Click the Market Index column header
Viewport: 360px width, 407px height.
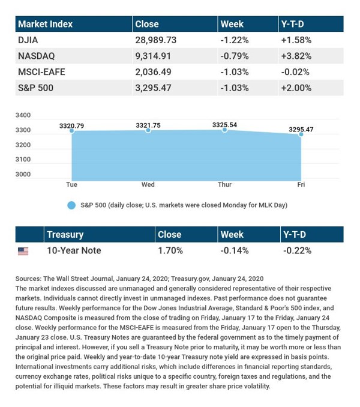[45, 24]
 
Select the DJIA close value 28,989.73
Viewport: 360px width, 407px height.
[157, 40]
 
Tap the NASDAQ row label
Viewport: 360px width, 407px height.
[37, 56]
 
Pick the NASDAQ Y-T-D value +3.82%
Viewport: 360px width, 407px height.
[296, 56]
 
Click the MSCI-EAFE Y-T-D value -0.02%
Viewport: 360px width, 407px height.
[295, 71]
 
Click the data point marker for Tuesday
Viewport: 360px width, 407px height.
[72, 131]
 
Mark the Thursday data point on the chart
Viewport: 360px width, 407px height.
[224, 130]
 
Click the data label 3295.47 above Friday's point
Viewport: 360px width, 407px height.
[301, 129]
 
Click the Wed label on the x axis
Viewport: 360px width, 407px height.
[148, 184]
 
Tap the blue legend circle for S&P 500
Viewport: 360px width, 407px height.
[71, 205]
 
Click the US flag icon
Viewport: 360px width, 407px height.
[23, 251]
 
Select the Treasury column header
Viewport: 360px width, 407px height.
[65, 235]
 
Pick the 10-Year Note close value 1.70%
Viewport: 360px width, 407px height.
[170, 250]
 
